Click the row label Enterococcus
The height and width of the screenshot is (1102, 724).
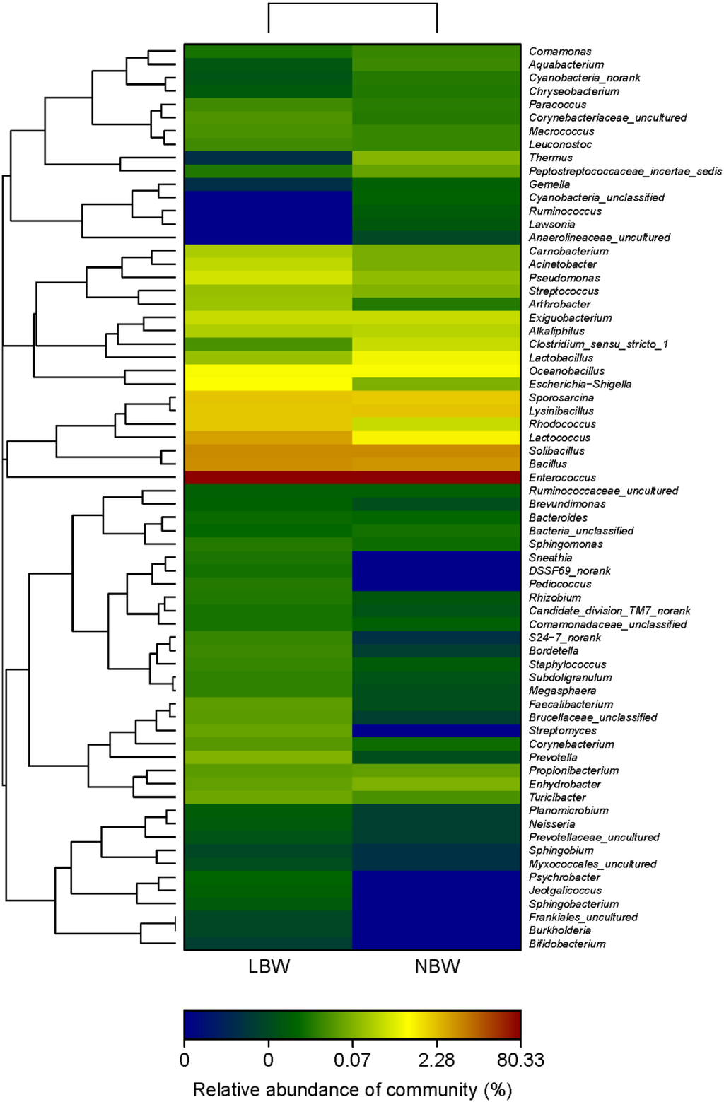(x=562, y=478)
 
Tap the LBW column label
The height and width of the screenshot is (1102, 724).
(x=269, y=966)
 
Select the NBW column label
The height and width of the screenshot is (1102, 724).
(x=437, y=966)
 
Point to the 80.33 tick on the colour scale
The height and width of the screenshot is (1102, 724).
(x=520, y=1060)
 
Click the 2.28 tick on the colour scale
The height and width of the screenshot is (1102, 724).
(x=436, y=1060)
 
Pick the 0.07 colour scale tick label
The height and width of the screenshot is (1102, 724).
(x=352, y=1060)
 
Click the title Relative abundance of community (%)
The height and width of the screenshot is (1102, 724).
(x=352, y=1089)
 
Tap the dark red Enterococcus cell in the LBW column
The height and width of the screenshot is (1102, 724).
(x=269, y=478)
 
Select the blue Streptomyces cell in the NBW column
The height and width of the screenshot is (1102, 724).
(x=437, y=730)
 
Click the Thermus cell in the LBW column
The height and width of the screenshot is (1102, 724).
(x=269, y=158)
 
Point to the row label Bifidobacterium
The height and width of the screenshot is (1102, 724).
(x=567, y=944)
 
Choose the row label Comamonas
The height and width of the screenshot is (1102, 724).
(x=560, y=52)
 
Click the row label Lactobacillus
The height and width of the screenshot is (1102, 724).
(x=561, y=358)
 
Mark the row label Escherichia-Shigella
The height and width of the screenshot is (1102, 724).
(x=580, y=384)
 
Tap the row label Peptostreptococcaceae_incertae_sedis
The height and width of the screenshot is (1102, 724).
(x=625, y=171)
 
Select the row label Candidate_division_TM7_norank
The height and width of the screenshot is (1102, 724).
(x=609, y=611)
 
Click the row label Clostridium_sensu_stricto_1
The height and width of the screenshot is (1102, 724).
(x=598, y=344)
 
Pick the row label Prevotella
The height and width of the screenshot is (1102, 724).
(x=553, y=757)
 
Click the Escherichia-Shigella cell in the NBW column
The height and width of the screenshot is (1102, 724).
(x=437, y=384)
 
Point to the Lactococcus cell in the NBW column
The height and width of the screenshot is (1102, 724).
(x=437, y=438)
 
